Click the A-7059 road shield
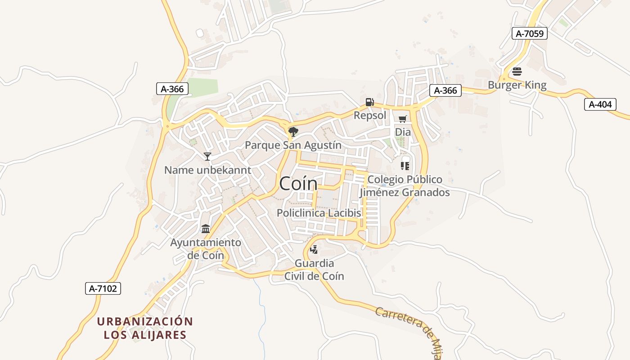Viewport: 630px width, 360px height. (529, 33)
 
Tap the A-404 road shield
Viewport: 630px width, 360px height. (600, 104)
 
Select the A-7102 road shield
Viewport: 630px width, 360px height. (103, 288)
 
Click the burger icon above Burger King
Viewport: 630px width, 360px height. (517, 71)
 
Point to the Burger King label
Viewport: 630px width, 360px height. (517, 85)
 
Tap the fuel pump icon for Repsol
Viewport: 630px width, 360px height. (369, 102)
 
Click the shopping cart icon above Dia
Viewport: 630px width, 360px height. (402, 119)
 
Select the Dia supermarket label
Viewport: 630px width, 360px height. (403, 132)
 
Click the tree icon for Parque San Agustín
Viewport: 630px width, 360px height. (293, 131)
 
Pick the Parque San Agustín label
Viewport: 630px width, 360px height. (293, 145)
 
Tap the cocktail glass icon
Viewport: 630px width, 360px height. (207, 156)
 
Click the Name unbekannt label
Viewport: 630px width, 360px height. (207, 170)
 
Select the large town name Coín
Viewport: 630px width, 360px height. (298, 184)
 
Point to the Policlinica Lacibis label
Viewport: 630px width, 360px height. (319, 213)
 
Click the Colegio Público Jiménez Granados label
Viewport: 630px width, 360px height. (405, 186)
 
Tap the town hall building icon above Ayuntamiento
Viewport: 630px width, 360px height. (206, 229)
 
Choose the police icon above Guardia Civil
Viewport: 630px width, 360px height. (314, 249)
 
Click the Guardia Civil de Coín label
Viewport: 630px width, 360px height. (314, 270)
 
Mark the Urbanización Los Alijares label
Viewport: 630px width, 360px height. (145, 328)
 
